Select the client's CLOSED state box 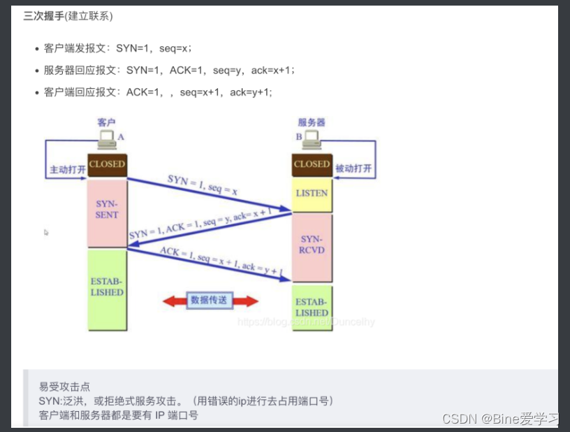tap(106, 164)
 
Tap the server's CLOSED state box tap(312, 164)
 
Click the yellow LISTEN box tap(312, 194)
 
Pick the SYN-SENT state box tap(106, 210)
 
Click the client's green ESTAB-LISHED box tap(106, 288)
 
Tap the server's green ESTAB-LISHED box tap(312, 308)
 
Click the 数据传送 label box tap(209, 301)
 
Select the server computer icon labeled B tap(311, 139)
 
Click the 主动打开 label tap(67, 170)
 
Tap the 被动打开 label tap(354, 169)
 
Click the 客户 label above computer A tap(106, 122)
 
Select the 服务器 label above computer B tap(312, 122)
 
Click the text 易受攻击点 tap(64, 387)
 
